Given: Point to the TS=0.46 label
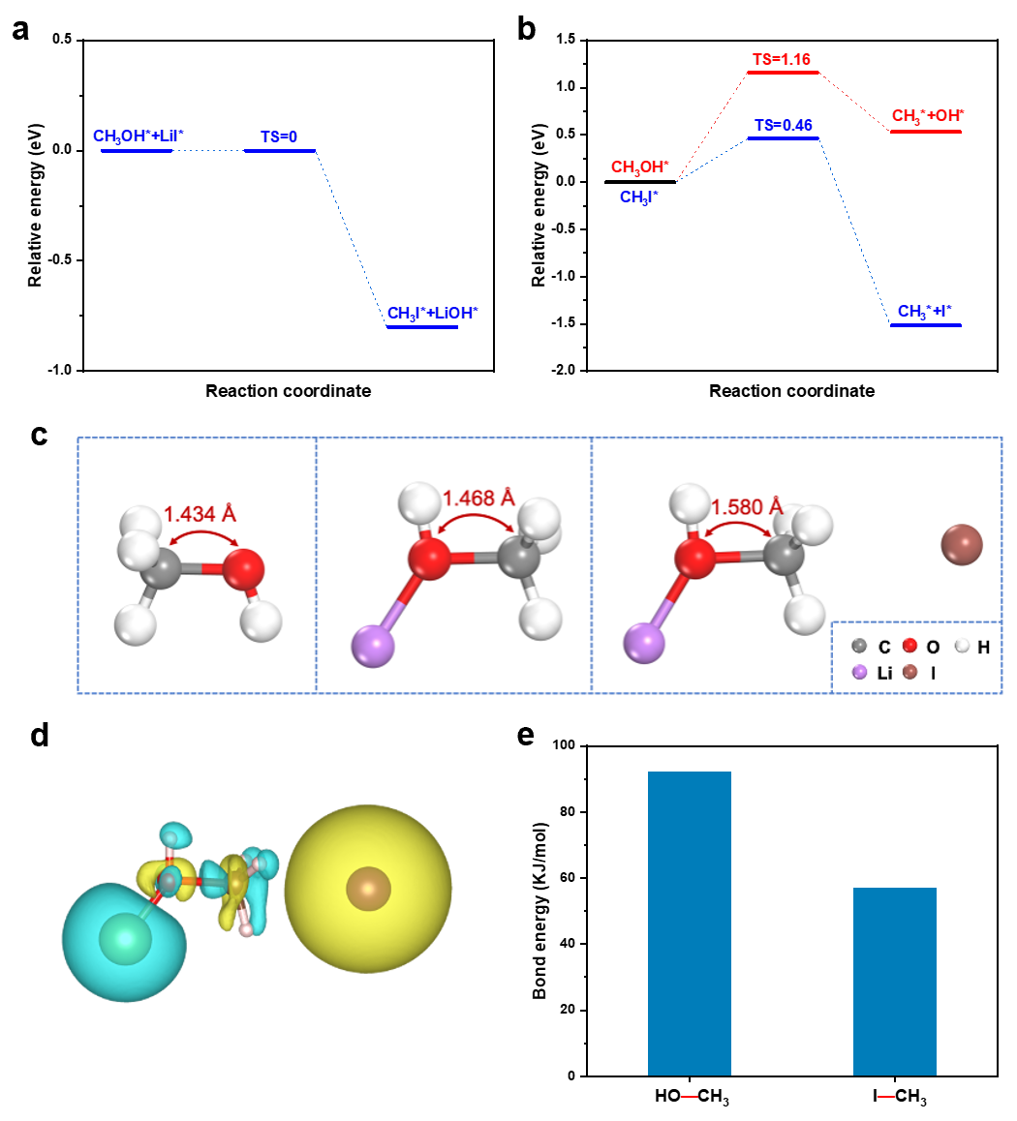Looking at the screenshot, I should (x=783, y=125).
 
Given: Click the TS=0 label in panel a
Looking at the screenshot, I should (x=279, y=137).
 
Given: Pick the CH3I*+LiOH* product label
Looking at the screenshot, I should (x=433, y=313).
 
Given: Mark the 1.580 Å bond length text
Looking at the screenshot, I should (x=748, y=507).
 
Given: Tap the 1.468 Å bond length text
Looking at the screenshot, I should (x=478, y=500).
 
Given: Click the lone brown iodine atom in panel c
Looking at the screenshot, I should (x=962, y=544).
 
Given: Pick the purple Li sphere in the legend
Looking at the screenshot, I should (x=858, y=672).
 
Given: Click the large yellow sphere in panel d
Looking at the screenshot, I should (x=369, y=887).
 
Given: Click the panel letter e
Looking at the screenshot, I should (x=526, y=735).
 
